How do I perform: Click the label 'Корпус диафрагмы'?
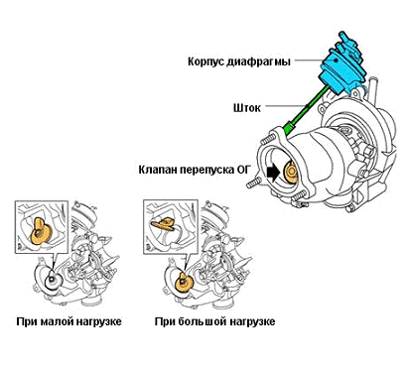point(239,62)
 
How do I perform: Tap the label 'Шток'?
point(247,108)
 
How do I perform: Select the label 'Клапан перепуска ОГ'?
point(195,170)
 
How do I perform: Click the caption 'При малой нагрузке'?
point(68,321)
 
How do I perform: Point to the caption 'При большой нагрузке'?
point(214,321)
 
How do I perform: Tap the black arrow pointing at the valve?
point(274,173)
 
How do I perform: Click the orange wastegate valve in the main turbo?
point(291,172)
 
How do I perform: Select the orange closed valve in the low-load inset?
point(39,232)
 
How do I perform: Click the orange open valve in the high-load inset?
point(164,224)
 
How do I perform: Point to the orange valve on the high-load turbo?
point(182,282)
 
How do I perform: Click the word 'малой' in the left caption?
point(58,321)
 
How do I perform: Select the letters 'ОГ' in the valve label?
point(244,170)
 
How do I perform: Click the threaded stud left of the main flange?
point(254,183)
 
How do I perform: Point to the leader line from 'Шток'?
point(285,106)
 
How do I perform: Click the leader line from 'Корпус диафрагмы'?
point(308,61)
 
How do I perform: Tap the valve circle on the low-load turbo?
point(52,281)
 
